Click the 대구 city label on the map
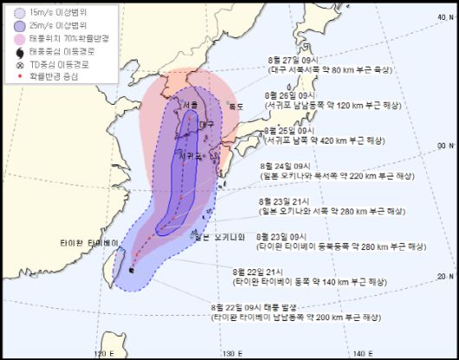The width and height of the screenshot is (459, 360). point(206,125)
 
